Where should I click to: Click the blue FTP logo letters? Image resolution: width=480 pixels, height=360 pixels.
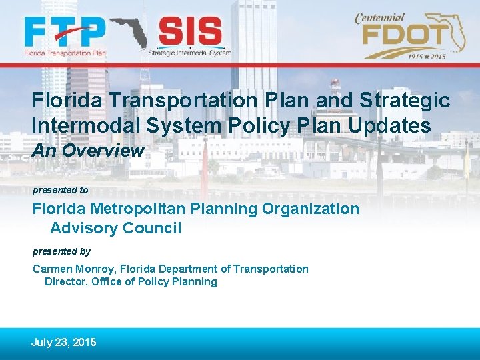coord(65,31)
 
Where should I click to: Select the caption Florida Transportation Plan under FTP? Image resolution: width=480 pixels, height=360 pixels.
coord(65,51)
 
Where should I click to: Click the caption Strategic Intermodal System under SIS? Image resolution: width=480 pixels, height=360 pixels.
coord(189,52)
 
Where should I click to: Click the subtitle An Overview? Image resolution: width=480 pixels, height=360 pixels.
coord(88,151)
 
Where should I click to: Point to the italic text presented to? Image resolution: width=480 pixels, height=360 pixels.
coord(60,190)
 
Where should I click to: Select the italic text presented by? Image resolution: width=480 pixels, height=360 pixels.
coord(61,251)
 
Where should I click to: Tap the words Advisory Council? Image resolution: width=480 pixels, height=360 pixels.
coord(115,228)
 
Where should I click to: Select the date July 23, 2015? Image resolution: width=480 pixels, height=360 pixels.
coord(63,342)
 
